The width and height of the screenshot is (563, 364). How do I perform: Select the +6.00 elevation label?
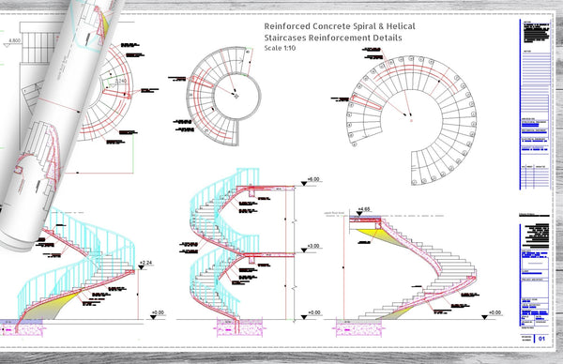313,178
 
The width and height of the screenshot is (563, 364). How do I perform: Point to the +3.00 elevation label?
313,246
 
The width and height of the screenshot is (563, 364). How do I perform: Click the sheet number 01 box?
540,342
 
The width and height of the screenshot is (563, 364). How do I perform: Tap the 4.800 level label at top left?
14,41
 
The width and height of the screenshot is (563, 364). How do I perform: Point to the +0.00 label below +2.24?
156,311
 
